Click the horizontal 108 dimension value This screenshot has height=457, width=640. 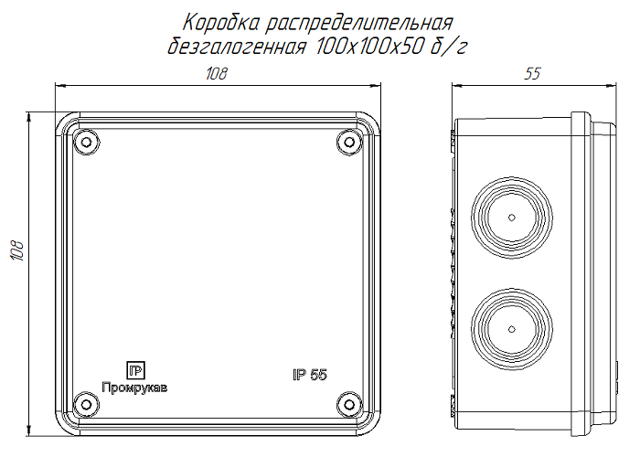tap(216, 75)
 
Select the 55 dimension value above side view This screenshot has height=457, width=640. tap(532, 75)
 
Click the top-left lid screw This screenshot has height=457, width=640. tap(85, 143)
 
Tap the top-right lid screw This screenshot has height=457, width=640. tap(347, 143)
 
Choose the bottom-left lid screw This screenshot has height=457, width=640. tap(85, 403)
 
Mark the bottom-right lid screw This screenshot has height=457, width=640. tap(347, 403)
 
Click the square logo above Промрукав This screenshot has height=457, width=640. tap(133, 371)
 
